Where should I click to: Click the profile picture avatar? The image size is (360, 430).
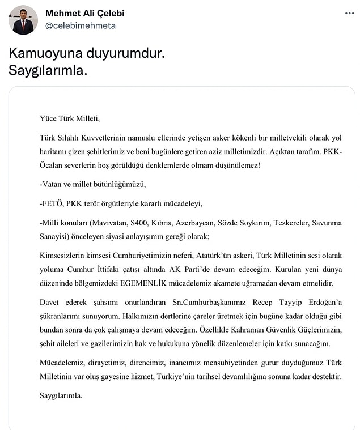click(23, 20)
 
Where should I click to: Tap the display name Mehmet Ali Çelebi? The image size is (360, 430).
click(85, 13)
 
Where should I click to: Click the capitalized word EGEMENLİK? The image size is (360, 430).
click(169, 283)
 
